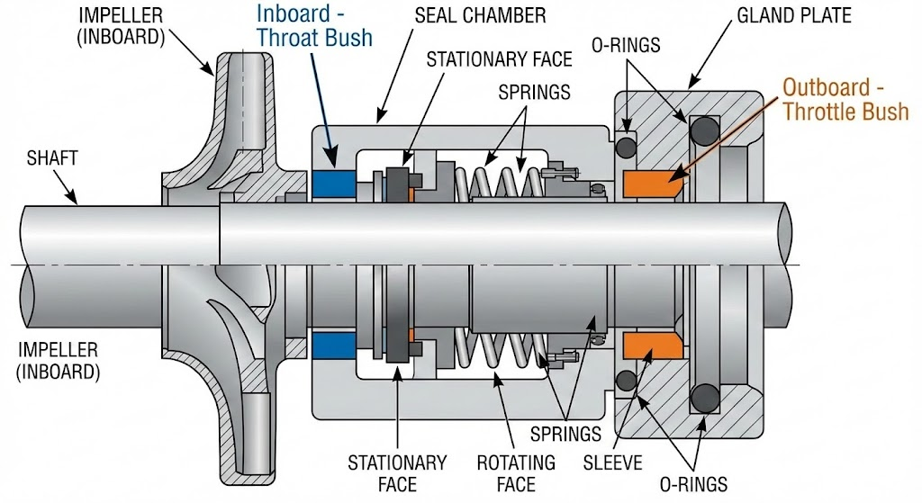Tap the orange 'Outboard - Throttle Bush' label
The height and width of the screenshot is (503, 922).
(x=845, y=100)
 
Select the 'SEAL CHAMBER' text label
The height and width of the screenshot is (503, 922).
(x=493, y=16)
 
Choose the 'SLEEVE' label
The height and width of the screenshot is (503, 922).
(x=613, y=463)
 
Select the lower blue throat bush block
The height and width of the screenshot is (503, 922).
(x=334, y=343)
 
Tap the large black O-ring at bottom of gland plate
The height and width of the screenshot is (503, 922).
(x=705, y=396)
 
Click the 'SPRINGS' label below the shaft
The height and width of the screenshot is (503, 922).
(x=565, y=435)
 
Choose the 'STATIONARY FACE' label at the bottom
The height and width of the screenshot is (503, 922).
(x=397, y=473)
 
